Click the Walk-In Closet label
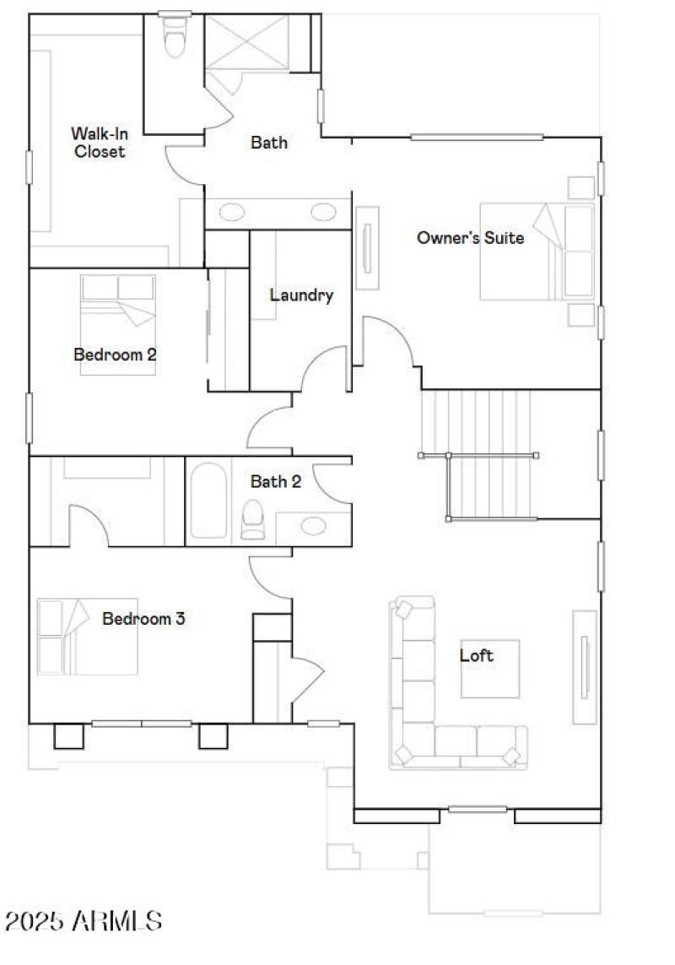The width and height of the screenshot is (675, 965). click(x=98, y=143)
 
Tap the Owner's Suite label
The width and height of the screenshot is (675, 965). click(x=470, y=238)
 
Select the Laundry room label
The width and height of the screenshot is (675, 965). click(x=301, y=295)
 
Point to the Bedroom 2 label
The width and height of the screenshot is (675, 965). click(x=115, y=355)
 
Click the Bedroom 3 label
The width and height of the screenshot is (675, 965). click(x=143, y=619)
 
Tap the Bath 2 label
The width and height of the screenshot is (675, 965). click(x=275, y=482)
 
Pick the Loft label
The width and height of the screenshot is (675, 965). click(x=477, y=655)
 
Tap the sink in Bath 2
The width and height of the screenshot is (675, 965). click(x=314, y=526)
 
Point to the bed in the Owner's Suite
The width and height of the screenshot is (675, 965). click(x=537, y=251)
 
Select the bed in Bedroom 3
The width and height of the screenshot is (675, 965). click(x=87, y=637)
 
